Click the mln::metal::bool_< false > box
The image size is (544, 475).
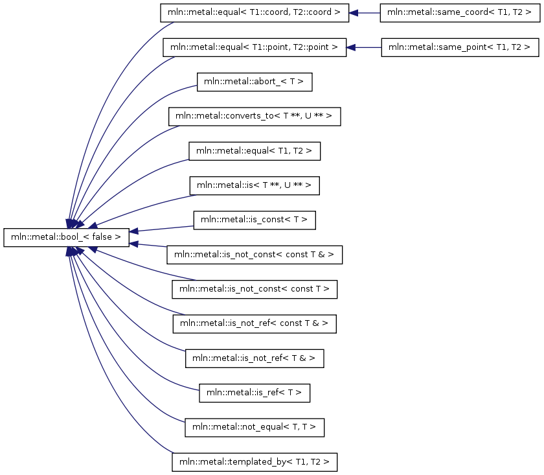(x=66, y=237)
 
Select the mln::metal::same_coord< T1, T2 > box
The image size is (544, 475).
(x=460, y=13)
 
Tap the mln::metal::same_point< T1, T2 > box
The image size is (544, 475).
(x=460, y=47)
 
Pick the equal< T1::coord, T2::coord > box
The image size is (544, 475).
(x=255, y=13)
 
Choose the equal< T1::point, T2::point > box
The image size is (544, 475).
(x=255, y=47)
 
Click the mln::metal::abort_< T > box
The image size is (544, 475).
(x=255, y=82)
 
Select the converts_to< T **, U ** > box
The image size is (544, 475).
(x=255, y=117)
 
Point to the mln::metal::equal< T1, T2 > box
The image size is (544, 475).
(x=255, y=151)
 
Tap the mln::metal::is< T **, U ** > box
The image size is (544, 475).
(x=255, y=186)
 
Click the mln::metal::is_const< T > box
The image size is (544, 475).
(x=255, y=220)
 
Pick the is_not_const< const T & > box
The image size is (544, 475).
(x=255, y=255)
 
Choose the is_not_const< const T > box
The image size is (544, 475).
(x=255, y=289)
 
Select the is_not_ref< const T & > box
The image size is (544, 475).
(x=255, y=324)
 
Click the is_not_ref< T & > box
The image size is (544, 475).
(x=255, y=358)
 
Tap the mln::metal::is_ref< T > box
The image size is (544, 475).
(x=255, y=393)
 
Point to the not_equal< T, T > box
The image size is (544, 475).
(x=255, y=428)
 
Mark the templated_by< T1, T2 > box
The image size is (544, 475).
(x=255, y=462)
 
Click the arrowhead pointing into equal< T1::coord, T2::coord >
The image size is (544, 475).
(x=353, y=13)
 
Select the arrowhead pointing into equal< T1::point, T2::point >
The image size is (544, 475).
(x=351, y=47)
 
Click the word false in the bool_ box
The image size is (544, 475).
(x=102, y=237)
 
